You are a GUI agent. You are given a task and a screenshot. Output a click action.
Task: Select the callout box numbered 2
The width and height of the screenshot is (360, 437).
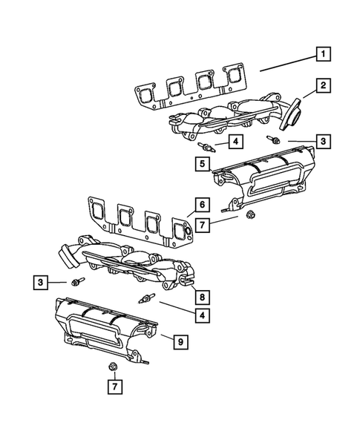pyautogui.click(x=324, y=88)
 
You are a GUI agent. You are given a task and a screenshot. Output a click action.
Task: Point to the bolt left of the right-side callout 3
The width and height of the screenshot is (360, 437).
pyautogui.click(x=275, y=139)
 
